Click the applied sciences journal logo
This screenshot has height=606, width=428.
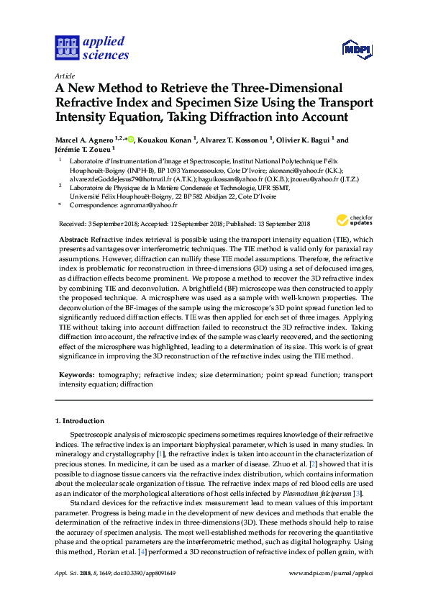tap(91, 48)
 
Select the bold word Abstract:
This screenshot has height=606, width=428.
tap(73, 238)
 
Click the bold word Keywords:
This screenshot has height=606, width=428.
tap(75, 375)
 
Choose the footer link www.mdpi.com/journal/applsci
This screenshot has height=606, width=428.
tap(330, 593)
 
